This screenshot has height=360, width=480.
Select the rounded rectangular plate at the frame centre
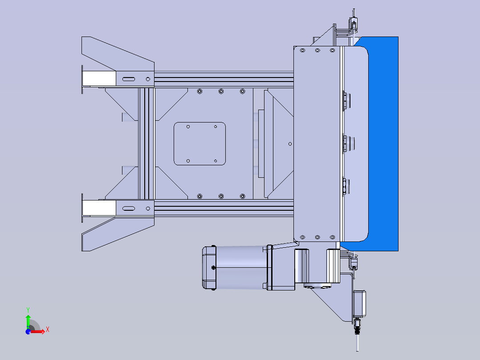tap(199, 144)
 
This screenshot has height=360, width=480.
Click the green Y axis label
tap(28, 310)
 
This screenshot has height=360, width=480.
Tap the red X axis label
tap(48, 330)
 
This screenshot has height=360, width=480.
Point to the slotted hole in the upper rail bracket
tap(129, 79)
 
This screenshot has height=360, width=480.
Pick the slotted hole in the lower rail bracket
tap(129, 209)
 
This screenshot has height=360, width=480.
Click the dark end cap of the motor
tap(209, 268)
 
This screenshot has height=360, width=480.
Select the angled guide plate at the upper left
tap(118, 53)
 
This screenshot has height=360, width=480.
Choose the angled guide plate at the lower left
tap(118, 234)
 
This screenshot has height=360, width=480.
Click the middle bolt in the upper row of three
tap(221, 91)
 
